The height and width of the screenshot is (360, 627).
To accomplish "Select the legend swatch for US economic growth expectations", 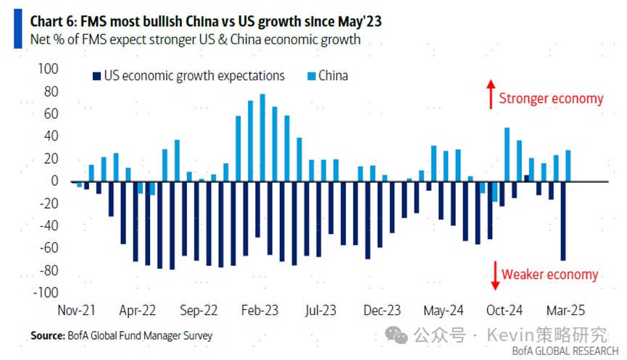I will click(x=96, y=75).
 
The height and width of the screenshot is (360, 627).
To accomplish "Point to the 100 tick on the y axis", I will click(x=46, y=69).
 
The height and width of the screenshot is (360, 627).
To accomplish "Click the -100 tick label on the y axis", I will click(x=45, y=293).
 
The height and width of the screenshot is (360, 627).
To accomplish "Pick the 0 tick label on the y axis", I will click(x=53, y=181).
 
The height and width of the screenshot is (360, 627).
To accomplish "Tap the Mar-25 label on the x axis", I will click(x=565, y=310).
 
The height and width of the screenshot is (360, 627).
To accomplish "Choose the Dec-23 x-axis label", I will click(x=383, y=310).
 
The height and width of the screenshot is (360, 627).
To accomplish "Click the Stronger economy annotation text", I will click(x=551, y=99).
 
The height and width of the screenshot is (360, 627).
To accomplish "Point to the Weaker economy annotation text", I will click(x=550, y=275).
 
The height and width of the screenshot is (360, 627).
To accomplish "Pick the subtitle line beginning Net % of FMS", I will click(x=195, y=39).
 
